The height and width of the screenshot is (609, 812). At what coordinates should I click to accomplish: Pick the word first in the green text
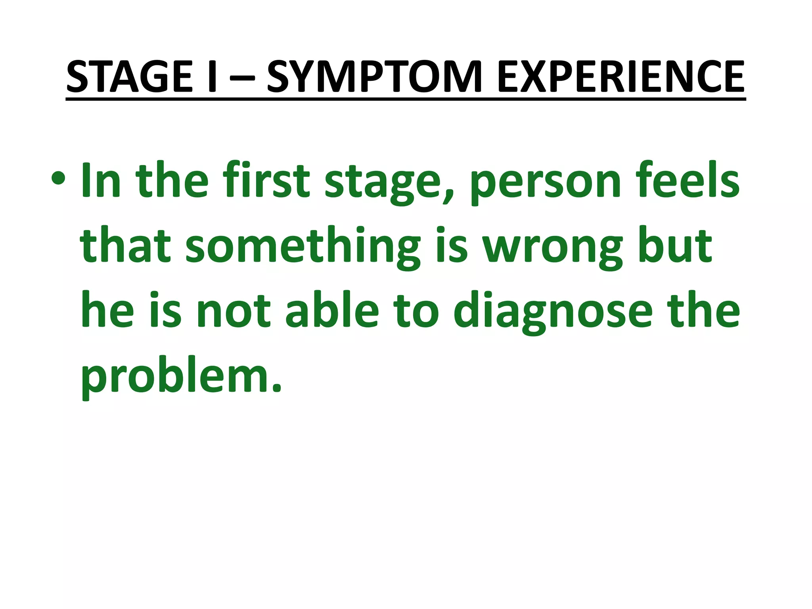pos(266,181)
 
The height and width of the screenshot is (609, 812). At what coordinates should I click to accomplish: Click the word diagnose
pos(553,313)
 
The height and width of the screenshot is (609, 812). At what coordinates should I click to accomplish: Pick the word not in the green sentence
pos(234,311)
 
